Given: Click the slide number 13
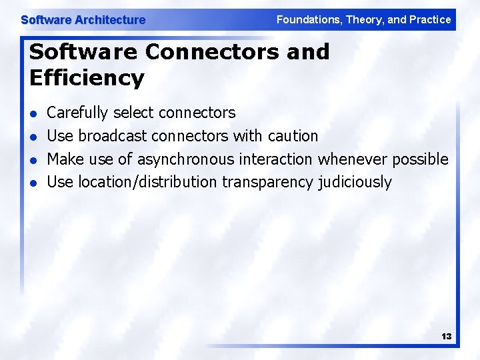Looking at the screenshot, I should (446, 337).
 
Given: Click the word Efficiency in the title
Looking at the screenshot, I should (87, 78).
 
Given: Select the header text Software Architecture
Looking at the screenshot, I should (83, 20).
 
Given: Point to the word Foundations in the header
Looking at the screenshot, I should (307, 19).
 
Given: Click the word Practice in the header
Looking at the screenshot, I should (431, 19).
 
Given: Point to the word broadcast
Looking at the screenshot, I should (113, 136).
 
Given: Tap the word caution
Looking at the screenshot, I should (293, 136).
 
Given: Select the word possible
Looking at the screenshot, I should (420, 159).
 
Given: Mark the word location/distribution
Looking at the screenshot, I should (147, 182).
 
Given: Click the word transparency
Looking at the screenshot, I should (268, 182).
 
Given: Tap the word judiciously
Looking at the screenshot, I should (355, 182).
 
